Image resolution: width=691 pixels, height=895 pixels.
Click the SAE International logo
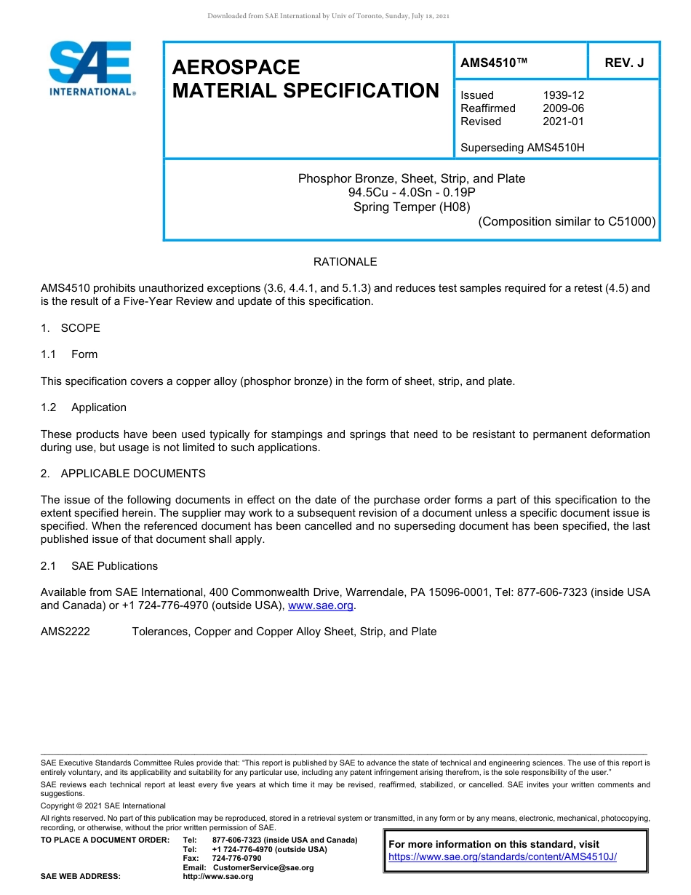[x=91, y=68]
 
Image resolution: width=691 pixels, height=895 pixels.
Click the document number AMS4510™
[x=493, y=63]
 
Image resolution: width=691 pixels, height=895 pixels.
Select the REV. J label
[x=624, y=63]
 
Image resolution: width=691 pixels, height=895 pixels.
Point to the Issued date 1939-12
[x=563, y=95]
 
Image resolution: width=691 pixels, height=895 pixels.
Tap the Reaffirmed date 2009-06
[x=563, y=108]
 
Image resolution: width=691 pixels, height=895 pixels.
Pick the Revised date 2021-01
[x=563, y=122]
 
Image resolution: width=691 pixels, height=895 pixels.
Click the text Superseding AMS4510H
[x=522, y=148]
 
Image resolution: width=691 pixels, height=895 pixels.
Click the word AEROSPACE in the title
[x=236, y=68]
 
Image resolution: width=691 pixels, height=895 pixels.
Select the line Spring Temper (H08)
[x=411, y=207]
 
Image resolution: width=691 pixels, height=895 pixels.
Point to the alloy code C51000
[x=631, y=222]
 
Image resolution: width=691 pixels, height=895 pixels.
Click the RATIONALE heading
[x=345, y=262]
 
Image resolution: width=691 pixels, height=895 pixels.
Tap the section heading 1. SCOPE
[x=71, y=328]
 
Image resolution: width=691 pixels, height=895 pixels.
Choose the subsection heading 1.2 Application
[x=84, y=407]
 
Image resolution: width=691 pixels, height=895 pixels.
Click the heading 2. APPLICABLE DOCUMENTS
[x=123, y=474]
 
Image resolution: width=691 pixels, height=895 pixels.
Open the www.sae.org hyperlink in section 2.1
[x=321, y=605]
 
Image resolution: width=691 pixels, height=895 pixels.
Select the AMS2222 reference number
[x=65, y=632]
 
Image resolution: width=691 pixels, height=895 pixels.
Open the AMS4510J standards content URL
[x=503, y=857]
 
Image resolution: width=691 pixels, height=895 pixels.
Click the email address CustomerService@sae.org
[x=263, y=867]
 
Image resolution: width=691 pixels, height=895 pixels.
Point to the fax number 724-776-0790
[x=236, y=859]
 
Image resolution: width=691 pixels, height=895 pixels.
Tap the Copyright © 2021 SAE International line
[x=103, y=805]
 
